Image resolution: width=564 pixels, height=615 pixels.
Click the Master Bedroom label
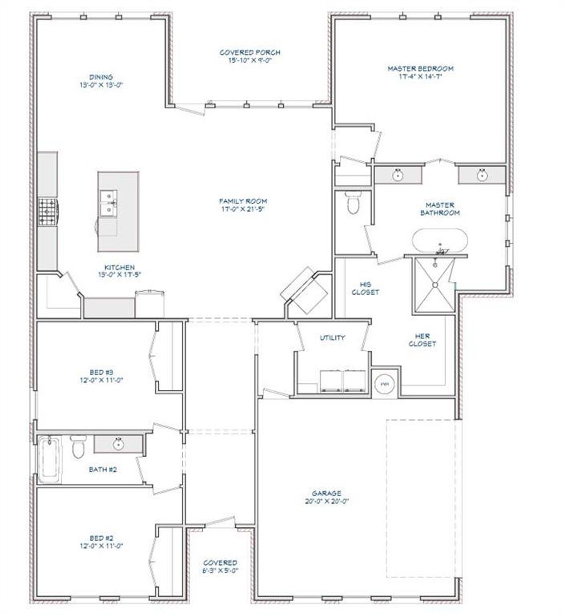pos(420,69)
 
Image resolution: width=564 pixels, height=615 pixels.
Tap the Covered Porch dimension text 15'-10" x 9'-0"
pos(249,60)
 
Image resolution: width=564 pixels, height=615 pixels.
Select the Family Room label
pos(243,201)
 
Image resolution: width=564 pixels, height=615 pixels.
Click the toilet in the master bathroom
pos(353,203)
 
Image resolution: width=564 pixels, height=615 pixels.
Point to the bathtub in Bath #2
pos(49,459)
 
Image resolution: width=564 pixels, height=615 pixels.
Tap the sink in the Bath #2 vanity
pos(118,444)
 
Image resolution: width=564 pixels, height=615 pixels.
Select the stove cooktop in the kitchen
pos(47,212)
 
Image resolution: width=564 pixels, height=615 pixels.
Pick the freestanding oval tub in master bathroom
pos(439,241)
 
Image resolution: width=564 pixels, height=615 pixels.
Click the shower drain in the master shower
pos(435,285)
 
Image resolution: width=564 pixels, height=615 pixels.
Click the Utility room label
pos(332,338)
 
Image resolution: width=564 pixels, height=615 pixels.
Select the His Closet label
pos(365,288)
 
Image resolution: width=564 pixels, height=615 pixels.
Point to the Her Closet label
pos(422,340)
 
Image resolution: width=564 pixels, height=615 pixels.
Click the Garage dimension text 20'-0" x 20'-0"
pos(327,501)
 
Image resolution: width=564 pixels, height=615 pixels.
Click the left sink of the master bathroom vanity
pos(398,174)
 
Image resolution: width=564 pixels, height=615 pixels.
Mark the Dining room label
pos(101,77)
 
